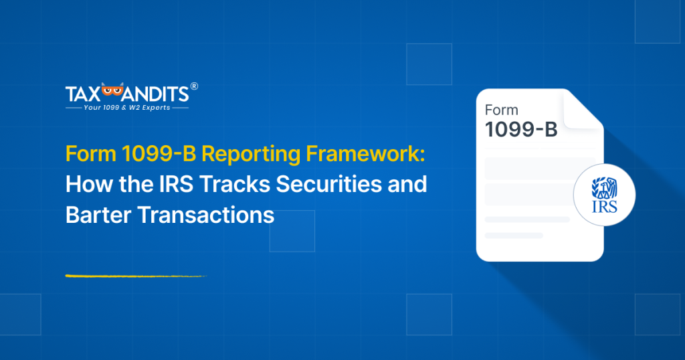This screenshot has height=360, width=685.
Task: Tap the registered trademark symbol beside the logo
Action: coord(194,86)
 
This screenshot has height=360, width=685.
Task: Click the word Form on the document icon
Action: coord(501,110)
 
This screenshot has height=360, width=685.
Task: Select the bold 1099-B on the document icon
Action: coord(520,130)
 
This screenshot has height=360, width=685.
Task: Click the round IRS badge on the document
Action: coord(604,195)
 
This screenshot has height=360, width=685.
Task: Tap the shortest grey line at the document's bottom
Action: coord(513,236)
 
